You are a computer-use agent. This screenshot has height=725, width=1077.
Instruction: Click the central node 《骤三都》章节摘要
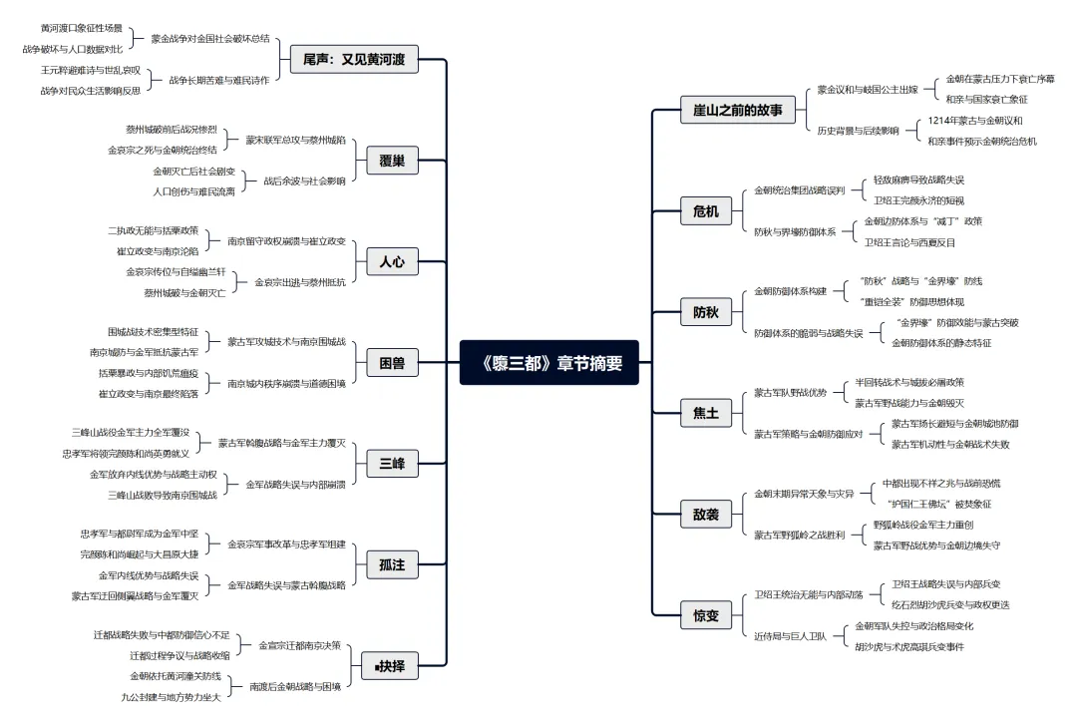tap(548, 362)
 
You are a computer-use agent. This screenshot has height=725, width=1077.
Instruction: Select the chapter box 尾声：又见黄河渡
tap(354, 59)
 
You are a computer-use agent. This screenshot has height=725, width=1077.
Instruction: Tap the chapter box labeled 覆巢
tap(392, 161)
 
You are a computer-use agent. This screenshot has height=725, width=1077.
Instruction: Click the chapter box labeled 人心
tap(392, 262)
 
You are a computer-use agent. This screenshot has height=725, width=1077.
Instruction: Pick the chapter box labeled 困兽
tap(392, 364)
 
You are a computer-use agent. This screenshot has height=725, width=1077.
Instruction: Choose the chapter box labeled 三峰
tap(392, 464)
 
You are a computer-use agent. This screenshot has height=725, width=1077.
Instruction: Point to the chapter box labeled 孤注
tap(392, 564)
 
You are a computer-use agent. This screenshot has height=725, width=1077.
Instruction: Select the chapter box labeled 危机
tap(705, 210)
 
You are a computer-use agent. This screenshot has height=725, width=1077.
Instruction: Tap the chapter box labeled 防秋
tap(705, 312)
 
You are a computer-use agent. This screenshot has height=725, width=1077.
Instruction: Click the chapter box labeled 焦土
tap(705, 413)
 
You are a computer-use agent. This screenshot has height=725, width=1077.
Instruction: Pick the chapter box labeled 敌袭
tap(705, 515)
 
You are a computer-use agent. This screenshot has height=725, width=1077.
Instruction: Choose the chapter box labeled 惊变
tap(705, 615)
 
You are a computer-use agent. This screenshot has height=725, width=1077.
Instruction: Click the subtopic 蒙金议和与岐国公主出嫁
tap(867, 89)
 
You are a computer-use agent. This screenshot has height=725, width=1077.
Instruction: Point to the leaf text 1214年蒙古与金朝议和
tap(974, 120)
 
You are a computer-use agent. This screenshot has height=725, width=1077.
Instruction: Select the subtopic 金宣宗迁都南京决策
tap(299, 644)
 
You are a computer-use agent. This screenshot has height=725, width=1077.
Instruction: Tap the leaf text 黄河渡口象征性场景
tap(82, 28)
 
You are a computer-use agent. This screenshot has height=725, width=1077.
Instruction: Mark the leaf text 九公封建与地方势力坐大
tap(171, 696)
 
